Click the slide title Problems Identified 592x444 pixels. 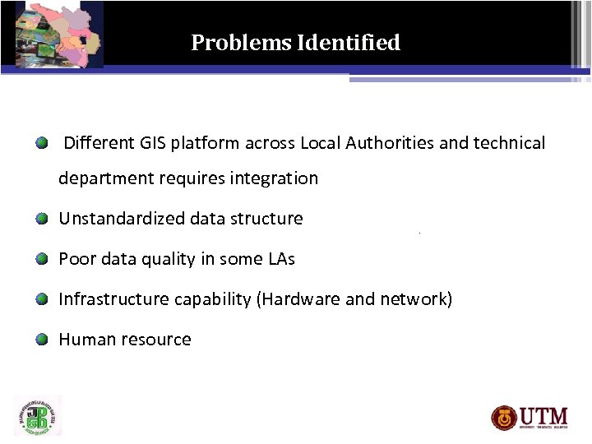click(x=295, y=43)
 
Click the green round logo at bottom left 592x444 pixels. click(x=38, y=416)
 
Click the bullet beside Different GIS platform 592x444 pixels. click(x=41, y=144)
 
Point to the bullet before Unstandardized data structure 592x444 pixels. click(x=41, y=219)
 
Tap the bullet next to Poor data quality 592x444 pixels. click(x=41, y=259)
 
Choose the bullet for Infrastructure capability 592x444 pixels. click(x=41, y=299)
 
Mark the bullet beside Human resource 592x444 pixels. click(x=41, y=340)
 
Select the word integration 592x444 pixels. click(x=275, y=178)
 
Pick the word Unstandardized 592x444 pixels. click(x=122, y=219)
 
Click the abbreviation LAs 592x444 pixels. click(x=281, y=259)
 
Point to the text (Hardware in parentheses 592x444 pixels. click(x=298, y=299)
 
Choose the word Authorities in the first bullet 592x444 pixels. click(x=390, y=143)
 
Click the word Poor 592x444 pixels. click(x=76, y=259)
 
